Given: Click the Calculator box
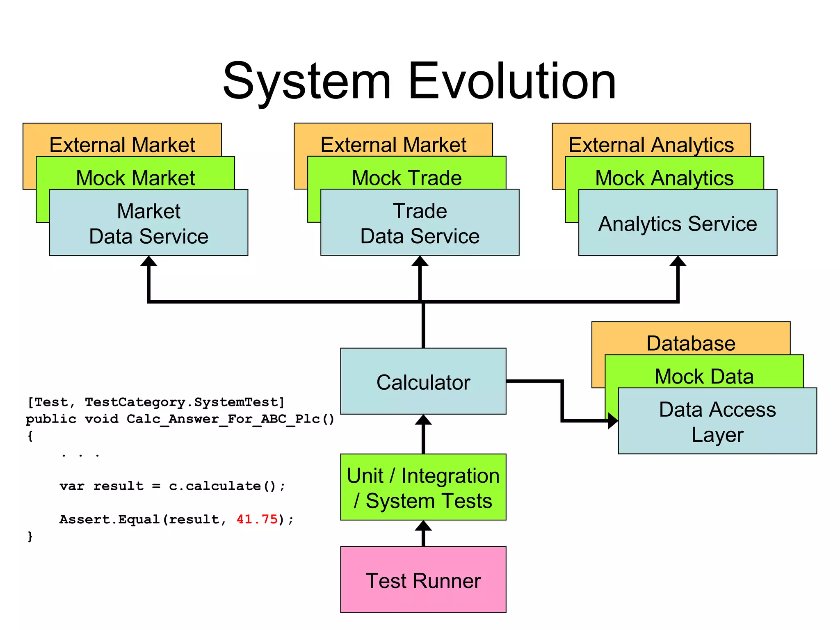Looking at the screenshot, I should coord(423,381).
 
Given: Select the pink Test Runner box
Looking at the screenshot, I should coord(423,580).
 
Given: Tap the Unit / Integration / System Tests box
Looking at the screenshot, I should coord(423,487).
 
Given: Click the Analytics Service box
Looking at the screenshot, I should coord(678,224).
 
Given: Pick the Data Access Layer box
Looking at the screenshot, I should coord(717,421).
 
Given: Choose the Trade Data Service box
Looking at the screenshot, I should coord(420,224).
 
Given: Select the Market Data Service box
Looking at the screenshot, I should coord(148,224).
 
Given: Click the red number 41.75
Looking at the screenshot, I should coord(257,519).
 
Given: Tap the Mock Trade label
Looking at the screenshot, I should coord(406,178).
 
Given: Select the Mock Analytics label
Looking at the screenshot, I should coord(664,178).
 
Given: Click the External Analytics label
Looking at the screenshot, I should coord(651,145).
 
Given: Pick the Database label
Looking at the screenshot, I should coord(691,343).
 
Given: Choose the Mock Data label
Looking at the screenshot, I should coord(704,377).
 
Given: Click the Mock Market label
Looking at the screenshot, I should coord(135,178).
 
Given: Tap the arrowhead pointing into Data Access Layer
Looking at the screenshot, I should coord(613,421).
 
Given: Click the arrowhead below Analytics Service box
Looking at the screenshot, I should coord(678,262).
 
